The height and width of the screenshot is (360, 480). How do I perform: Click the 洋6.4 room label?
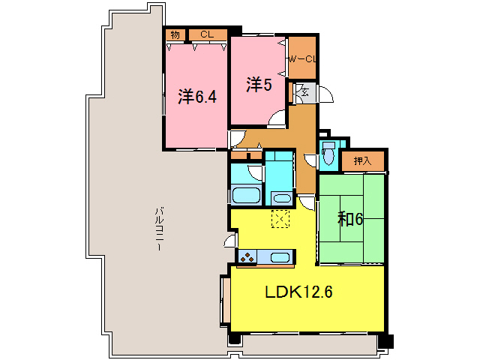198,96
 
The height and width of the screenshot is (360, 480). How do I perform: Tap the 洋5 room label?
257,85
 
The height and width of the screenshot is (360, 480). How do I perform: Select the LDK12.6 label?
298,292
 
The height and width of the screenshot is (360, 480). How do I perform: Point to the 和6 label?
350,219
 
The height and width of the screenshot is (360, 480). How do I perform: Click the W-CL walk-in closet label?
303,58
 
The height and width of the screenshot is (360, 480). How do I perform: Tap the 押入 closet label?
362,160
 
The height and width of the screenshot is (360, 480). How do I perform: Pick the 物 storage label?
175,34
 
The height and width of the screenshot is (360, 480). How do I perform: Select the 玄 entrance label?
305,92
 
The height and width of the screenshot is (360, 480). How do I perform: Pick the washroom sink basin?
281,198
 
